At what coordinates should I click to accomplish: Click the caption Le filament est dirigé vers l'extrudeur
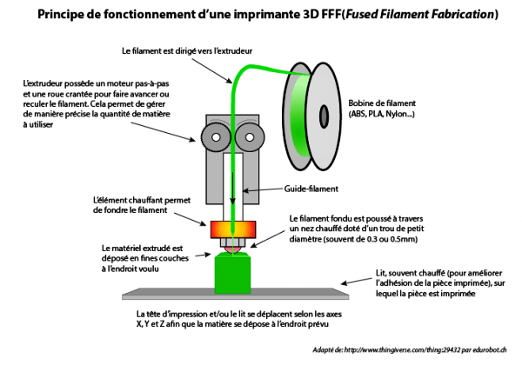click(x=187, y=51)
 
